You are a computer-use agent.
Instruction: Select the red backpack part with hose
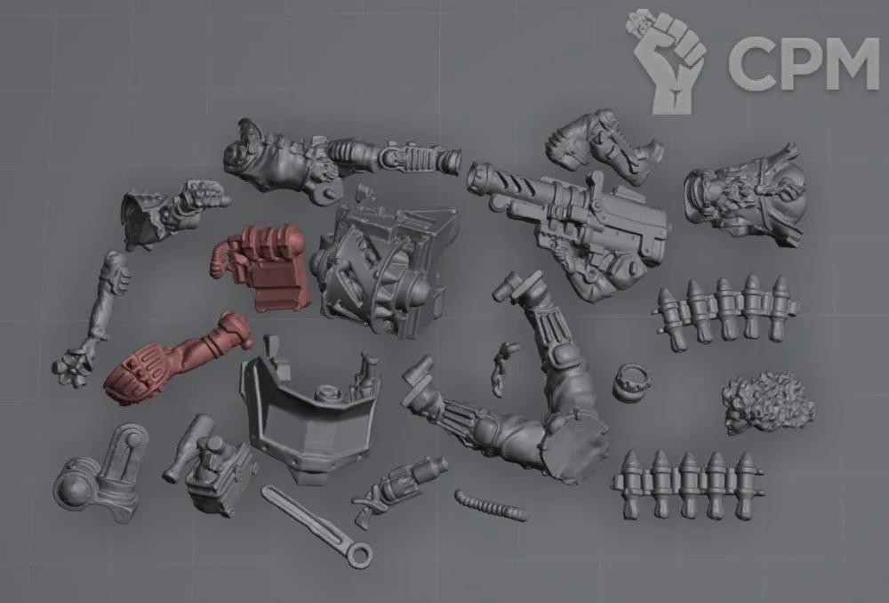click(264, 265)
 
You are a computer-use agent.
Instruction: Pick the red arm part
click(176, 358)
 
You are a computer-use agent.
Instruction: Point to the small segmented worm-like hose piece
click(490, 505)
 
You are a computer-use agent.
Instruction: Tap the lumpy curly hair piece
click(767, 402)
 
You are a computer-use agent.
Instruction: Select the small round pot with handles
click(631, 383)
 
